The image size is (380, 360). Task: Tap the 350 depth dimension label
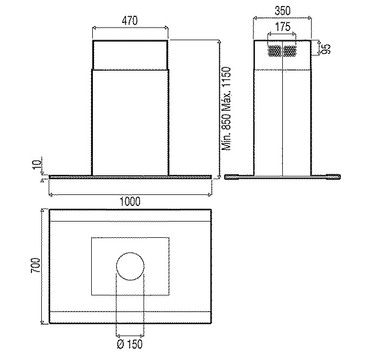pos(282,10)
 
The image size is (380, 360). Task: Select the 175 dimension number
pos(282,26)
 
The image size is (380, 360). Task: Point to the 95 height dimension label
pos(326,49)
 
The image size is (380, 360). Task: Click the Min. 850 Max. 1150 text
pos(227,109)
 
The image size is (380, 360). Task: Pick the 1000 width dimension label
pos(130,200)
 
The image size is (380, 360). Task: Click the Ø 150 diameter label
pos(130,344)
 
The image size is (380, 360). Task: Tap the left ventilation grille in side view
pos(275,50)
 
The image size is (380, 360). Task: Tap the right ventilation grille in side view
pos(290,50)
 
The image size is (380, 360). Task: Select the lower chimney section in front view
pos(130,122)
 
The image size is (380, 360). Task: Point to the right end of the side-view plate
pos(338,176)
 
